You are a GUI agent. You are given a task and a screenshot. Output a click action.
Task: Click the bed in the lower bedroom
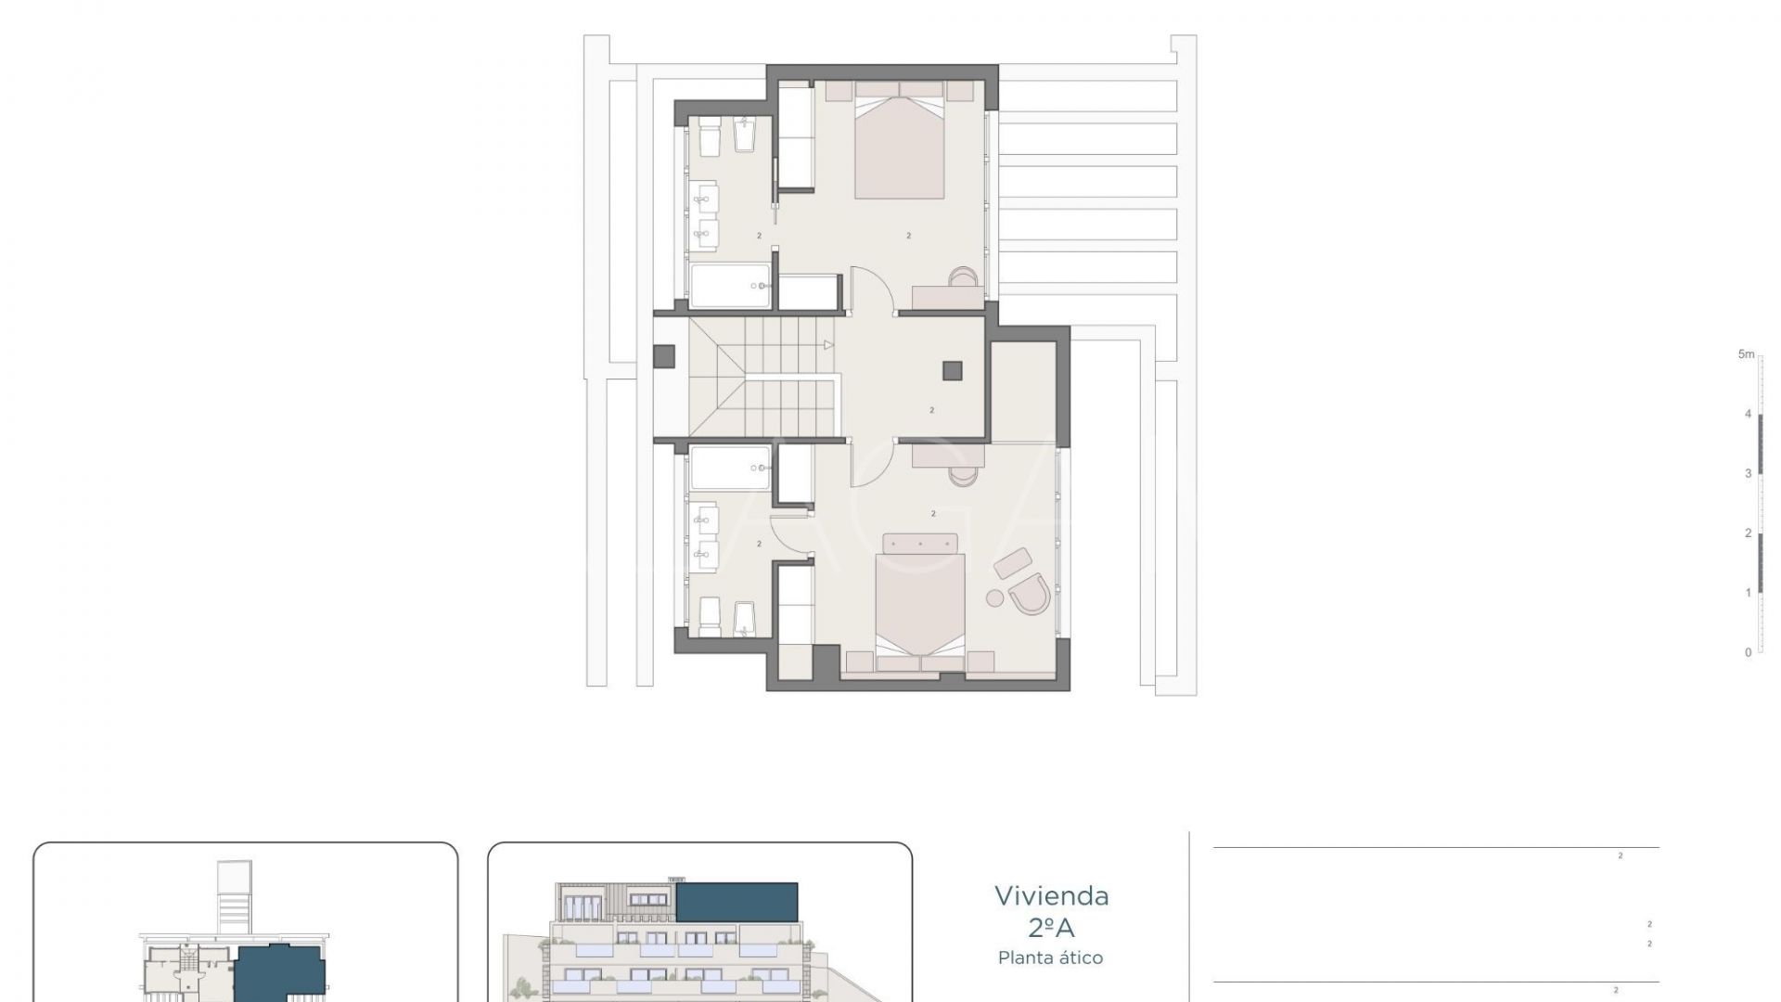coord(920,608)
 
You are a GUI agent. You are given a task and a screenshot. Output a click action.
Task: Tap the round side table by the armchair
coord(995,598)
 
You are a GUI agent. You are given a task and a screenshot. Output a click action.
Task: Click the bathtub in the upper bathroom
coord(730,286)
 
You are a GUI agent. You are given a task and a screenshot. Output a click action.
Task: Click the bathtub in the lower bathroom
coord(730,468)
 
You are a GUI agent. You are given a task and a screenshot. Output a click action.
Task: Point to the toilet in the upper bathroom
coord(710,139)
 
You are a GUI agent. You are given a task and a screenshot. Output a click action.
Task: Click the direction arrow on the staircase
coord(828,345)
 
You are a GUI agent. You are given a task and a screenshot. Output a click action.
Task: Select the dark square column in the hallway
coord(953,371)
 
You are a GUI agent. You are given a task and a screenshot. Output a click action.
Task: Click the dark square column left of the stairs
coord(663,356)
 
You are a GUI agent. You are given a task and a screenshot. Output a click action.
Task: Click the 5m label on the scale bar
coord(1746,354)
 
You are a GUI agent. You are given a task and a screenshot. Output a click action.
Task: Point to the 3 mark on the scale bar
coord(1749,473)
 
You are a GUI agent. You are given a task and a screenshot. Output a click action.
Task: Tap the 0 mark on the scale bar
coord(1749,652)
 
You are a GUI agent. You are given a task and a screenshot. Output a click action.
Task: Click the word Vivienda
coord(1051,896)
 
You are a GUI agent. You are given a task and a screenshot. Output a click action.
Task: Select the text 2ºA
coord(1051,927)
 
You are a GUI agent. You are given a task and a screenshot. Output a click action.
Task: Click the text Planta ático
coord(1051,957)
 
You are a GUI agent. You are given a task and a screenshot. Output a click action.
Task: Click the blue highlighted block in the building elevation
coord(737,902)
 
